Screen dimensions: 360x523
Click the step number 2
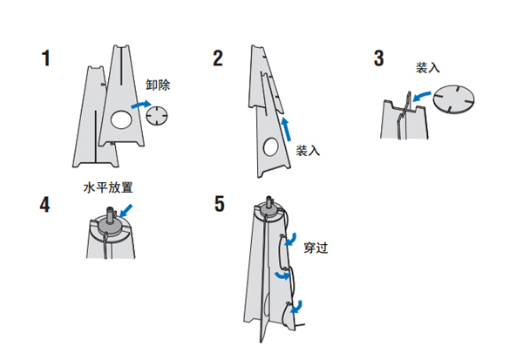tap(218, 59)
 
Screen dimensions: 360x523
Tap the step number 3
tap(377, 59)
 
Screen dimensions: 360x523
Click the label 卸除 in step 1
tap(159, 85)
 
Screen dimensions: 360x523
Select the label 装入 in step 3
tap(428, 67)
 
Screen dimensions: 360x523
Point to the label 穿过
tap(316, 247)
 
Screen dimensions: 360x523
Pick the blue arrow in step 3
tap(422, 93)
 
